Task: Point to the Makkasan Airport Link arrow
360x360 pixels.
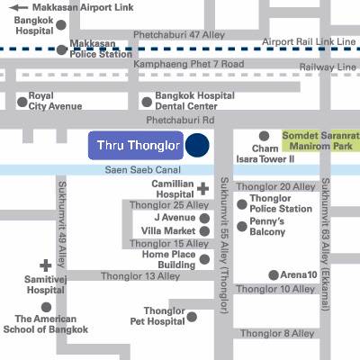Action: [10, 5]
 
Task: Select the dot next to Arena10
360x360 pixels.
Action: [273, 274]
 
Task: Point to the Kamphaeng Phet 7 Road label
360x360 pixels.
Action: [189, 65]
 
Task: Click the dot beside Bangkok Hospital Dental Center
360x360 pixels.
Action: [147, 102]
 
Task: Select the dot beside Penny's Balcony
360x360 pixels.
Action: [241, 226]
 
